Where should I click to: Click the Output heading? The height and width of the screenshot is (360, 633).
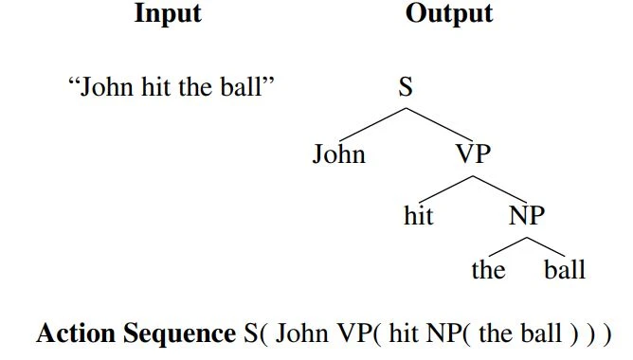pos(449,14)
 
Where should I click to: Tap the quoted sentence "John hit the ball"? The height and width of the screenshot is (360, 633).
pos(172,89)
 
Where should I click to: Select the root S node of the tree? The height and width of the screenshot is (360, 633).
pos(407,89)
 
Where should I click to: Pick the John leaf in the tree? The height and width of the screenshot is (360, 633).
pos(338,153)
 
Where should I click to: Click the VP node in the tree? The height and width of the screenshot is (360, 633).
pos(473,153)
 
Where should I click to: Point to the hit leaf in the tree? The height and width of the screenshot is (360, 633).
pos(418,216)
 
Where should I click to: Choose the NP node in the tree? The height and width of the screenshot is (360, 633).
pos(527,216)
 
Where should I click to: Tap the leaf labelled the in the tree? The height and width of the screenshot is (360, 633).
pos(488,270)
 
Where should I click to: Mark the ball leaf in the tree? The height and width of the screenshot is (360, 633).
pos(565,270)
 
